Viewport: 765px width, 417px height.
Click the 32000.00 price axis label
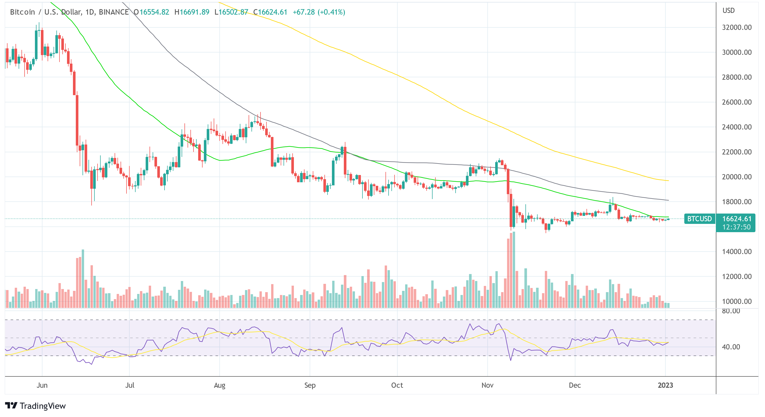737,27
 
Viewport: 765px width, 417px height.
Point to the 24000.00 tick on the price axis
737,127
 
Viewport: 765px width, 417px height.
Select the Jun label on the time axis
42,385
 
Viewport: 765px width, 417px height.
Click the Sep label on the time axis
310,385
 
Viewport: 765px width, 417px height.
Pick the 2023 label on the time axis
665,385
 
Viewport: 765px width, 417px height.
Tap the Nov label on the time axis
487,385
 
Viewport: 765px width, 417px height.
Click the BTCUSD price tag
699,219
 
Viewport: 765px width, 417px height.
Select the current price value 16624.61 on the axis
737,219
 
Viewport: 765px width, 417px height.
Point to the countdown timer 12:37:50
736,227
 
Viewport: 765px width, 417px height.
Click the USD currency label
729,11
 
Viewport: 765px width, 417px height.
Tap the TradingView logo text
42,406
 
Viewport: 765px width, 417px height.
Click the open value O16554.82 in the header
151,12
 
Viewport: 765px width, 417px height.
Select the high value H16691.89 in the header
192,12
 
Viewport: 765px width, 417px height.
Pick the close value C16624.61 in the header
270,12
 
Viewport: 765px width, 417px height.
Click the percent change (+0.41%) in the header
331,12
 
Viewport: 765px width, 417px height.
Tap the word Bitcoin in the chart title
22,12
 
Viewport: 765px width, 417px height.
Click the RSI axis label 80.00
731,311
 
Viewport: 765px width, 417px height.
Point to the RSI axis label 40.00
731,347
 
